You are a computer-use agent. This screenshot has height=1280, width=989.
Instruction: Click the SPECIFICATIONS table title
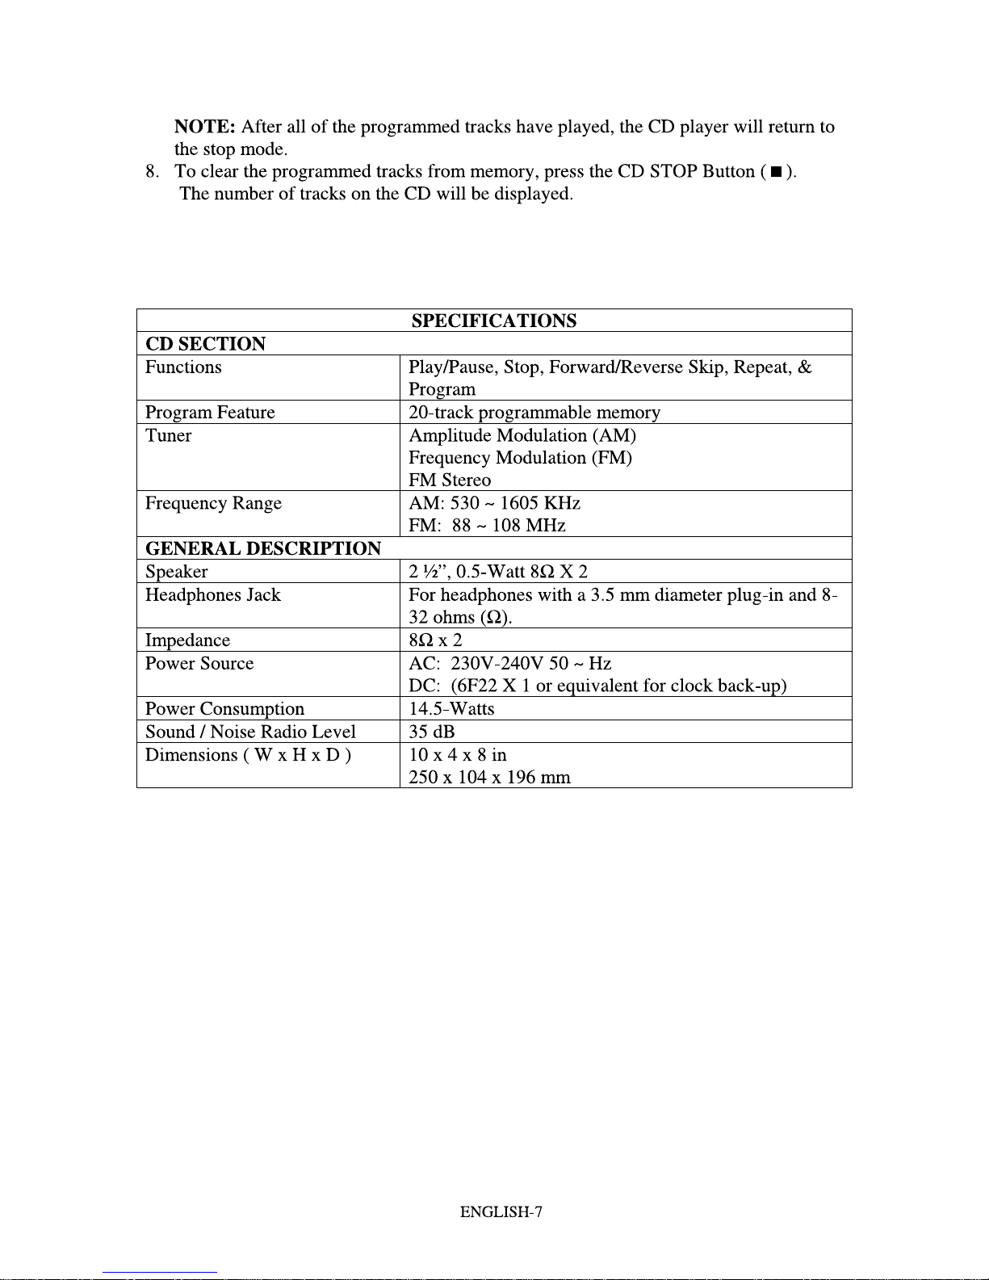(494, 321)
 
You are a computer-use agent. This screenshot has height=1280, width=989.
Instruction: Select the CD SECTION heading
(205, 344)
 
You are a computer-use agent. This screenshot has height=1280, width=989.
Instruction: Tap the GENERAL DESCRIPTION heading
(263, 549)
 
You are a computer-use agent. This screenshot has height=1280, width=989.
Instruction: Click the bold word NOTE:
(204, 127)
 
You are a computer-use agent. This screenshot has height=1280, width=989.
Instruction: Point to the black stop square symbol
(776, 172)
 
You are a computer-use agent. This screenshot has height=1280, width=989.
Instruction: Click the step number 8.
(151, 172)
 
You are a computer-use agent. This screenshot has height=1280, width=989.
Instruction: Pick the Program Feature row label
(210, 413)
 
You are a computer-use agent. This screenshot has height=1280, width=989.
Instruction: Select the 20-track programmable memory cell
(534, 413)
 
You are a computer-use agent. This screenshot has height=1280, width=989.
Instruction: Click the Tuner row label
(168, 436)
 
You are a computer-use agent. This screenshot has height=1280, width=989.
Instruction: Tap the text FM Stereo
(450, 481)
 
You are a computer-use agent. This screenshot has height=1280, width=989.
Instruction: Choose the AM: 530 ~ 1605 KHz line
(494, 503)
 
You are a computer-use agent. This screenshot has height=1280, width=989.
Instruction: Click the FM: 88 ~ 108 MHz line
(487, 526)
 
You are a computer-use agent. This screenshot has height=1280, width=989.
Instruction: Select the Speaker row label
(176, 572)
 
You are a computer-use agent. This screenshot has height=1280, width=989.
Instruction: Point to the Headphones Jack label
(212, 595)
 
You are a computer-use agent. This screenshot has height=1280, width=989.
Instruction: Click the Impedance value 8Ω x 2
(435, 640)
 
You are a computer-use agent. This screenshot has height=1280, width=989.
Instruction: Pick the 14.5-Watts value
(451, 709)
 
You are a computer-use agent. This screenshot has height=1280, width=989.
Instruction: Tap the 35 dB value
(432, 732)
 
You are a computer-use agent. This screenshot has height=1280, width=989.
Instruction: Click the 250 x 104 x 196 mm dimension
(489, 778)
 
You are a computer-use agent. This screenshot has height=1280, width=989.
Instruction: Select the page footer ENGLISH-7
(501, 1211)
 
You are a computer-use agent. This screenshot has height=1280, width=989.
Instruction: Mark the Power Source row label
(199, 664)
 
